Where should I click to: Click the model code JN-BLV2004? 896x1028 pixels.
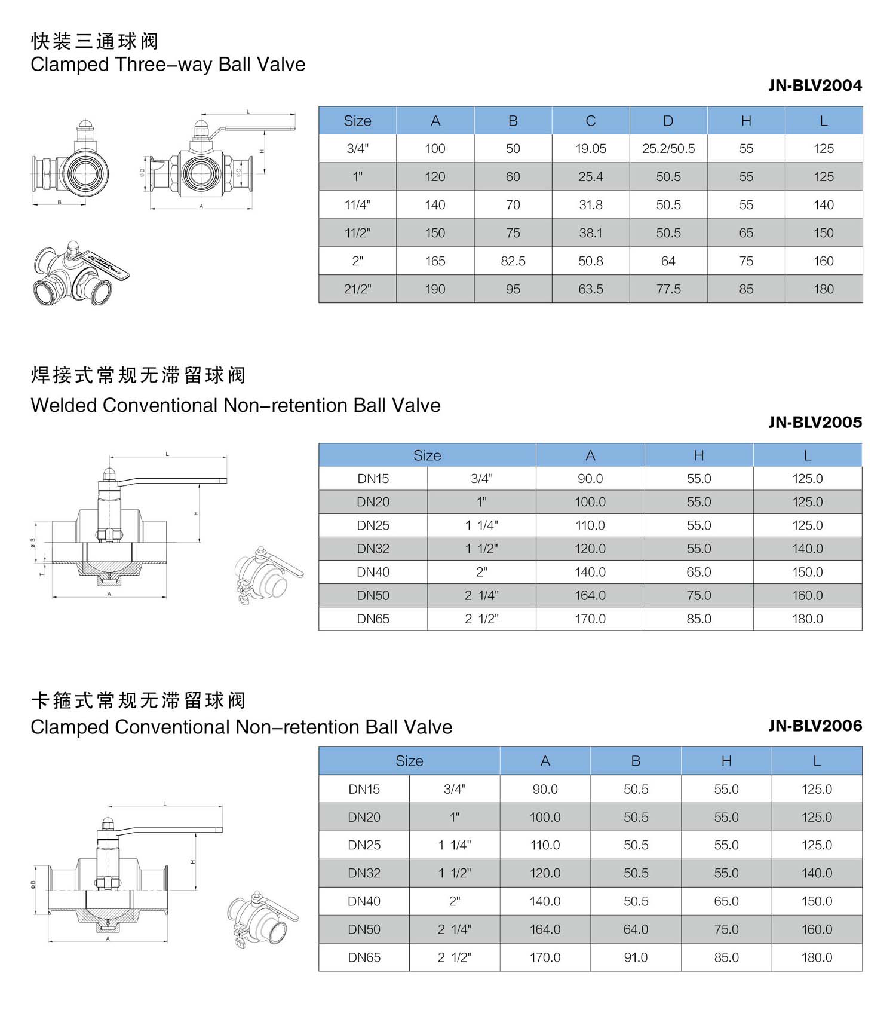coord(815,85)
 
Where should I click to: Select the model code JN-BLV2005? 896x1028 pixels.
coord(815,423)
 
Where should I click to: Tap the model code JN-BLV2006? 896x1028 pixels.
coord(815,726)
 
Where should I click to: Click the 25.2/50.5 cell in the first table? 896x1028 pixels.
coord(668,149)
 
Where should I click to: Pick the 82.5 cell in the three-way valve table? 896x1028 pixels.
coord(513,261)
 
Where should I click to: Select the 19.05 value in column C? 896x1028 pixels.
coord(591,149)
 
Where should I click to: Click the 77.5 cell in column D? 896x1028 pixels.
coord(668,289)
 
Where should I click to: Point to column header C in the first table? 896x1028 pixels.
coord(591,121)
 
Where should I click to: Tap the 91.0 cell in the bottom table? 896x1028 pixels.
coord(636,957)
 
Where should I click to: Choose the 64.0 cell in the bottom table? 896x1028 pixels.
coord(636,929)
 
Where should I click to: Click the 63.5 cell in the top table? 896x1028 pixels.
coord(591,289)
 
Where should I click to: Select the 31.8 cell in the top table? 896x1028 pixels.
coord(591,205)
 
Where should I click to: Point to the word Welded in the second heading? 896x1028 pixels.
coord(64,405)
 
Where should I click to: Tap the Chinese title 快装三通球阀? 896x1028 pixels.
coord(94,41)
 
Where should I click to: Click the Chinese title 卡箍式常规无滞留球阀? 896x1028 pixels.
coord(138,700)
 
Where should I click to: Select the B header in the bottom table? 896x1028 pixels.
coord(636,761)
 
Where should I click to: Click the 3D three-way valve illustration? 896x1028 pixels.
coord(79,273)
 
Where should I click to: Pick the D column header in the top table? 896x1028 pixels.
coord(668,121)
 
